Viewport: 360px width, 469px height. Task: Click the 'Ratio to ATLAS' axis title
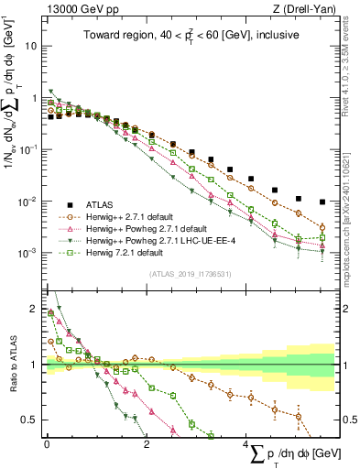[11, 365]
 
